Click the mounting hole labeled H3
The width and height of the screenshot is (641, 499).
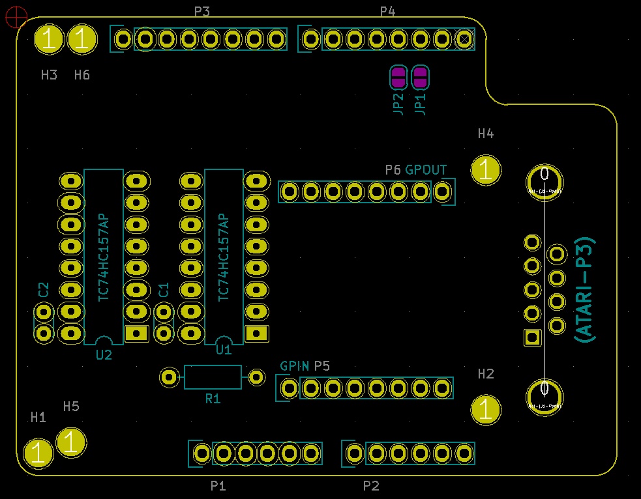49,40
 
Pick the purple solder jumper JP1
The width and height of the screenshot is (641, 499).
421,78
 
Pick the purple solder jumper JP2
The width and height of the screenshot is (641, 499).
398,78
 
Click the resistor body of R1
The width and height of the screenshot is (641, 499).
213,377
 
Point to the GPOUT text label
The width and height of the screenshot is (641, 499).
426,170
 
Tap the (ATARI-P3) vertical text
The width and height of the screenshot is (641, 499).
585,289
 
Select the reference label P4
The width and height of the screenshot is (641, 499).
387,11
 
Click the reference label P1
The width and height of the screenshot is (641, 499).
218,486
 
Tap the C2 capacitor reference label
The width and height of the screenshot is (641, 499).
44,290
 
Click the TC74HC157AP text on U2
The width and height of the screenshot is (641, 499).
103,257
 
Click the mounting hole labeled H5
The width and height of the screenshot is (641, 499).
70,442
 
